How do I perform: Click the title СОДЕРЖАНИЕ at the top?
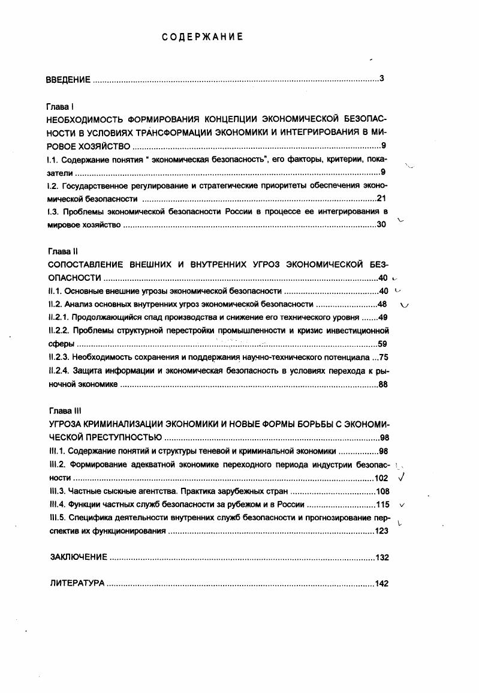pyautogui.click(x=202, y=37)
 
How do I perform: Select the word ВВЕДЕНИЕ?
pyautogui.click(x=68, y=79)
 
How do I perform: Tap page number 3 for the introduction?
pyautogui.click(x=381, y=79)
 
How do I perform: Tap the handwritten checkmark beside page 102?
pyautogui.click(x=402, y=478)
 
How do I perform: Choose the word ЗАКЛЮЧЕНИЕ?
pyautogui.click(x=79, y=557)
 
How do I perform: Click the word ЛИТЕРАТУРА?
pyautogui.click(x=77, y=583)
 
